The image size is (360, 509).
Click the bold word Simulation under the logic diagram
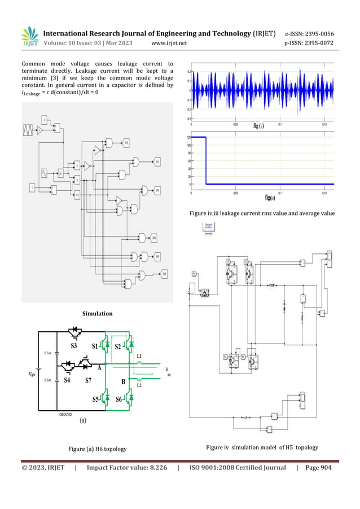click(x=98, y=313)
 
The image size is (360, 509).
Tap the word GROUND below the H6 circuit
click(x=65, y=414)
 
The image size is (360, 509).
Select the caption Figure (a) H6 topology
click(x=97, y=449)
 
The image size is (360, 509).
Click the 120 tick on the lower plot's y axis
click(x=188, y=137)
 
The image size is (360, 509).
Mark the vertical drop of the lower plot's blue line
click(x=206, y=161)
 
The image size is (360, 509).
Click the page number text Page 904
click(x=317, y=467)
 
